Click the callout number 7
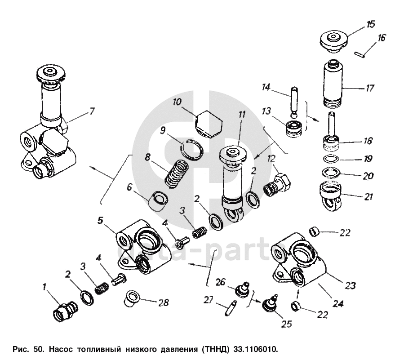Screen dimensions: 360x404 (x=92, y=111)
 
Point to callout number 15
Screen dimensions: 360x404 (x=371, y=24)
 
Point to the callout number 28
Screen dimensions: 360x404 (x=164, y=302)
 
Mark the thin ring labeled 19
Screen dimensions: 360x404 (x=332, y=159)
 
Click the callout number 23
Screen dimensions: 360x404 (x=350, y=285)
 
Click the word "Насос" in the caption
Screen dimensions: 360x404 (x=60, y=349)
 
